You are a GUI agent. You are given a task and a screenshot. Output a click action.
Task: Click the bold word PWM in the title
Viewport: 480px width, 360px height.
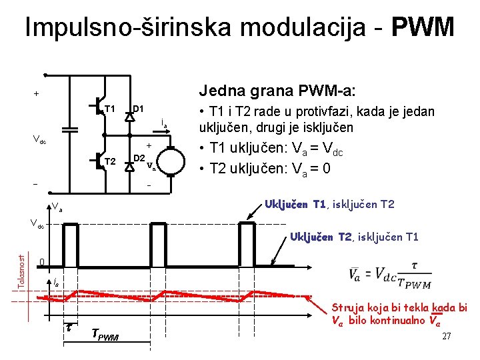tap(423, 27)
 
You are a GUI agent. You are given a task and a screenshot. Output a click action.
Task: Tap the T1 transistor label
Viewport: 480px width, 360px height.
tap(111, 109)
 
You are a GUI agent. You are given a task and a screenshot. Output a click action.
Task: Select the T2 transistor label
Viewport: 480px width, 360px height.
tap(111, 162)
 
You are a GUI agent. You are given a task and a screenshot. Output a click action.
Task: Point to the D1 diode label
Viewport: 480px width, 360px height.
tap(139, 109)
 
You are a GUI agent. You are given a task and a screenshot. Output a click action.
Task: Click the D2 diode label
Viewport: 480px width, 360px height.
tap(139, 158)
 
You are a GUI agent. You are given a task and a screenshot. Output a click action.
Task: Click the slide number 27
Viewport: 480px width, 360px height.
tap(447, 336)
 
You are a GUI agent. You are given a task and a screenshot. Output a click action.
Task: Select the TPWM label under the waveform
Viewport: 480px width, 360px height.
tap(105, 336)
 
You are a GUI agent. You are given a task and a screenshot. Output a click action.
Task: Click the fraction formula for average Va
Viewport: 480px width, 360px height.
tap(389, 275)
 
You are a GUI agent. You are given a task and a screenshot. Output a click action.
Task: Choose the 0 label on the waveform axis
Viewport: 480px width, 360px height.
tap(41, 261)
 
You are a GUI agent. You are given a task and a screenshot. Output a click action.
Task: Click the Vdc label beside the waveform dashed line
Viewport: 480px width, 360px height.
tap(35, 224)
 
